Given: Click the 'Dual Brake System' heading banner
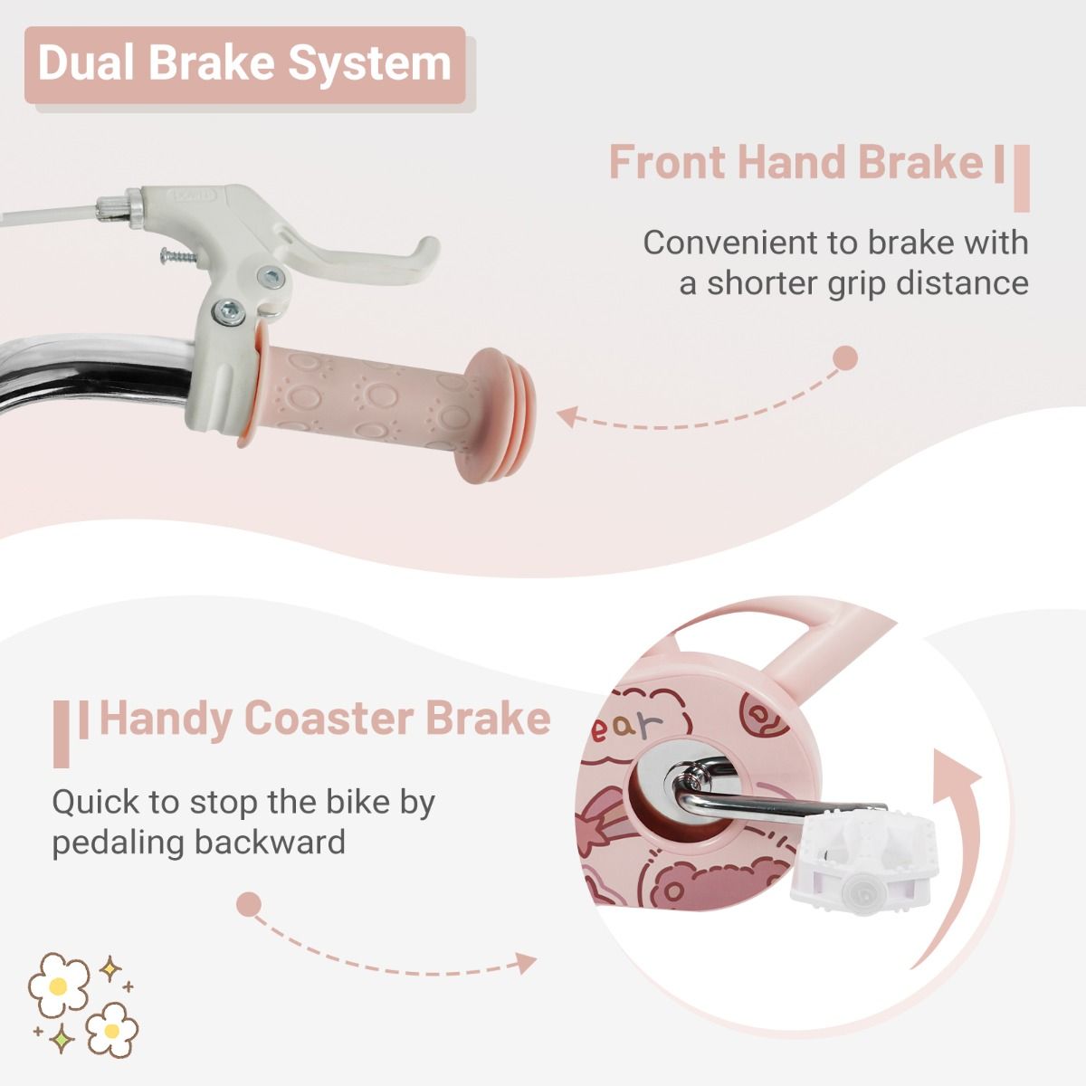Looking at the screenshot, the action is (x=244, y=65).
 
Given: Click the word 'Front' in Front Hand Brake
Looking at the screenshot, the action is (x=667, y=162).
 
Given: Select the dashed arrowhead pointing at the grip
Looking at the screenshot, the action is (x=568, y=416).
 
